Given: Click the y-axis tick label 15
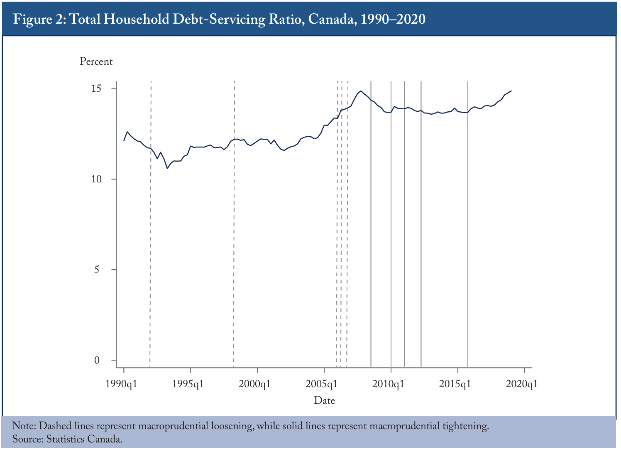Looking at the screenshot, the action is pos(96,88).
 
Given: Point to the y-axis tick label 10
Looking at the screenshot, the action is pos(96,179).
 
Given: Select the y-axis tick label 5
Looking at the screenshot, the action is pos(96,270).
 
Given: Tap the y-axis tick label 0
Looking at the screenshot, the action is pos(97,360).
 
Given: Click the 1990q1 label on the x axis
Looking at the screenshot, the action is pos(121,384).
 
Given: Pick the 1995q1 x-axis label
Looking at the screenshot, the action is pos(188,384).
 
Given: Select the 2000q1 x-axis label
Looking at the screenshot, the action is pos(254,384).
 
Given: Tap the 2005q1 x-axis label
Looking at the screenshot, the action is pos(321,384).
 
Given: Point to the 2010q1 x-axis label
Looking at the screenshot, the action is pos(388,384).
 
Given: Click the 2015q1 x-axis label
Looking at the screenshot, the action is pos(455,384).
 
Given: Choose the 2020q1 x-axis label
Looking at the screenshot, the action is pos(522,384).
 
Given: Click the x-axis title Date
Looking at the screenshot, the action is pos(324,400).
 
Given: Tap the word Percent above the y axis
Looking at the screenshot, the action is pos(96,61).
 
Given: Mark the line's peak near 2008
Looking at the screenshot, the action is pos(361,91).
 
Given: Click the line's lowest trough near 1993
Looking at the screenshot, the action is pos(167,168).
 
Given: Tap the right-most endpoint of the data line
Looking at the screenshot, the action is pos(511,91).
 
